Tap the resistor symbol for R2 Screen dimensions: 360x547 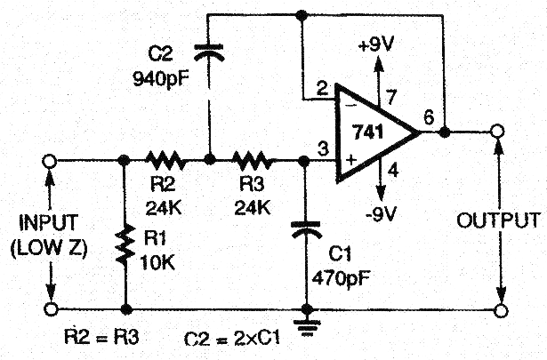pyautogui.click(x=165, y=161)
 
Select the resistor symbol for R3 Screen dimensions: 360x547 pyautogui.click(x=254, y=161)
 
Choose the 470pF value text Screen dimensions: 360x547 pyautogui.click(x=342, y=276)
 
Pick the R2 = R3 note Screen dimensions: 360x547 pyautogui.click(x=101, y=337)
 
